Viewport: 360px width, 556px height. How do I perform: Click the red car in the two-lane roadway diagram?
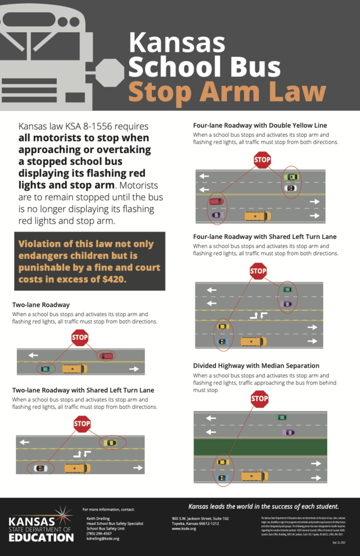point(106,356)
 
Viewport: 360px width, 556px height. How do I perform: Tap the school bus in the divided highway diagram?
point(254,476)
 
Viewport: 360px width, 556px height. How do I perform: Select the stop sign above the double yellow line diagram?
point(262,160)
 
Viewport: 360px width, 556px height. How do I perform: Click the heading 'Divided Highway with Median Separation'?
point(256,366)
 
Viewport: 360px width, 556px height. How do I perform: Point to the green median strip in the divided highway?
point(261,447)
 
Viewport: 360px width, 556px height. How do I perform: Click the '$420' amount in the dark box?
point(113,279)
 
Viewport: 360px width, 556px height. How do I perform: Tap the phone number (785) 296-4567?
point(99,533)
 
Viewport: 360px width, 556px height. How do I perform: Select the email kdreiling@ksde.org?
point(103,539)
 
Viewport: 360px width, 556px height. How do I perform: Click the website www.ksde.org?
point(184,528)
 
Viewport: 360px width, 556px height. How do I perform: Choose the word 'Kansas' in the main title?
point(177,43)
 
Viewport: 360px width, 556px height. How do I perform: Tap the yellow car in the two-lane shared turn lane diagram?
point(110,443)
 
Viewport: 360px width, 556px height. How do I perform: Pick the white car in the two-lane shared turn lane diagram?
point(41,468)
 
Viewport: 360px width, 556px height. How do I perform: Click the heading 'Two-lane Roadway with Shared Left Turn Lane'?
point(83,390)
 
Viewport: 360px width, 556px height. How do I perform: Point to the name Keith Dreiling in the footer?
point(98,518)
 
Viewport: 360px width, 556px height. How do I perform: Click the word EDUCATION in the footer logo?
point(41,537)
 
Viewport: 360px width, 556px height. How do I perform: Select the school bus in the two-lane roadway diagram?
point(74,369)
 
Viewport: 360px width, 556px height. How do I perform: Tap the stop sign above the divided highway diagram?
point(260,399)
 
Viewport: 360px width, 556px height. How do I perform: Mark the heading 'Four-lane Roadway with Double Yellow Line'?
point(260,125)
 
